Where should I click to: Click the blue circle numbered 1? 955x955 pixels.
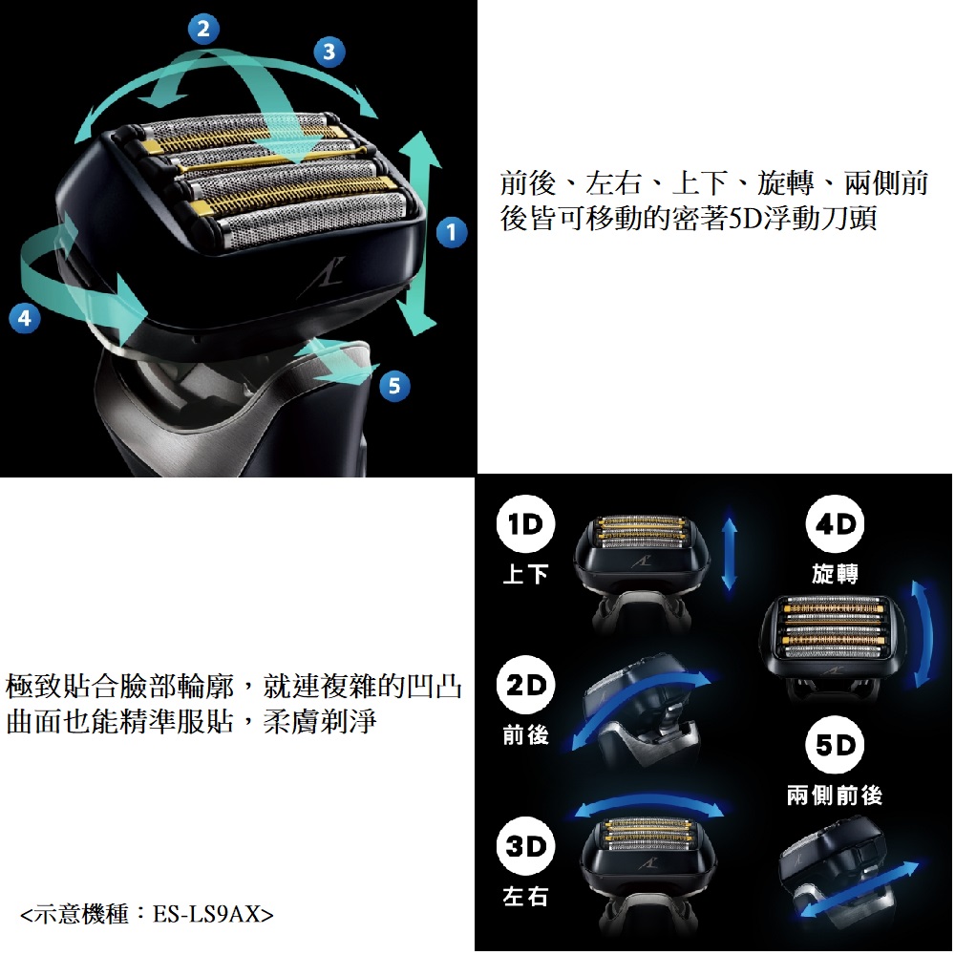[452, 232]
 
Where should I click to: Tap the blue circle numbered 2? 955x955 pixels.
[203, 29]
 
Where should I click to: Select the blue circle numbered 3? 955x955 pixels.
[329, 52]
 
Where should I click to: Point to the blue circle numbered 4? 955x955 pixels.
[25, 317]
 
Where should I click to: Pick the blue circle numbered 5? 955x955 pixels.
[394, 386]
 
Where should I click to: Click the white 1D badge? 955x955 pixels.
[525, 524]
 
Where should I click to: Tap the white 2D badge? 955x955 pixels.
[525, 685]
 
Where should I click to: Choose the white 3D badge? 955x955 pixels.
[525, 846]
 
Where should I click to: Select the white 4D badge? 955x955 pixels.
[835, 524]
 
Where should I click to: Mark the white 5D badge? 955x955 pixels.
[835, 745]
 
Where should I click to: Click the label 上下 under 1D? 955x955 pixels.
[525, 574]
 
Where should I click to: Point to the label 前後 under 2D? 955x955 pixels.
[525, 735]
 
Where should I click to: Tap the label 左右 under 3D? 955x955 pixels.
[525, 896]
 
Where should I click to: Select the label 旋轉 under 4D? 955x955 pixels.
[835, 573]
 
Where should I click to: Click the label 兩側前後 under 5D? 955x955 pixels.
[835, 795]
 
